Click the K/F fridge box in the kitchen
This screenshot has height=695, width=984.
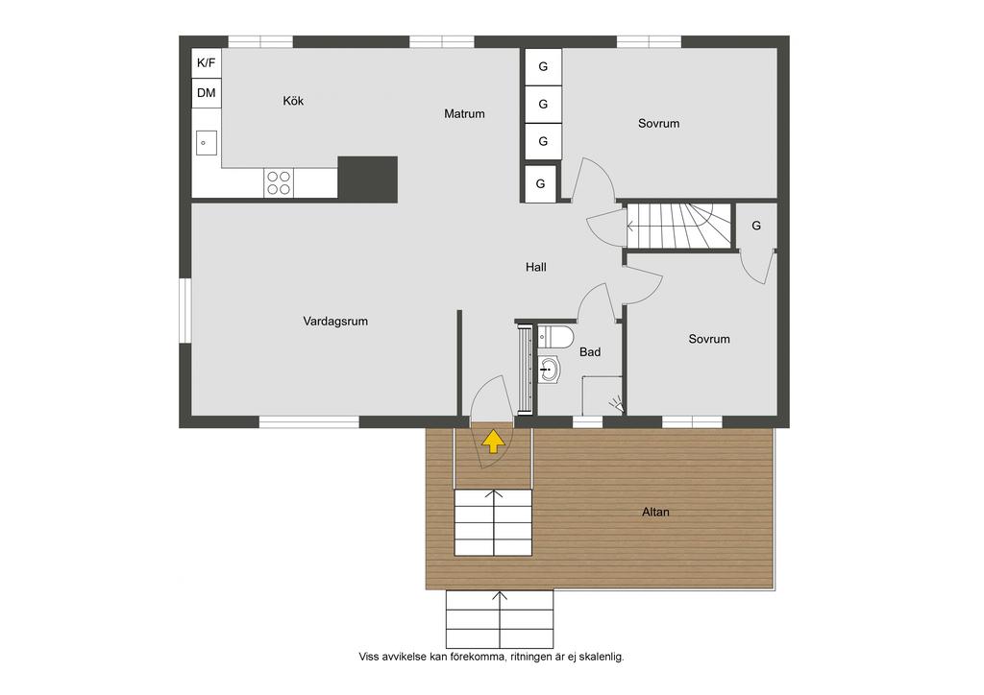click(x=206, y=62)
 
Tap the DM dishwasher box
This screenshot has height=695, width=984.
click(x=206, y=93)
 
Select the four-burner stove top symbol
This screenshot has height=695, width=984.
click(x=279, y=182)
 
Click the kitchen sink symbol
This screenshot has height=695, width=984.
click(x=206, y=143)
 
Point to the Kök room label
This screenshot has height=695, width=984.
click(x=293, y=101)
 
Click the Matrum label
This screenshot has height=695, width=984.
click(x=464, y=114)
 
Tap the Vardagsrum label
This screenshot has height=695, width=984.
click(x=335, y=322)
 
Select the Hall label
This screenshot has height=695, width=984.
click(x=535, y=268)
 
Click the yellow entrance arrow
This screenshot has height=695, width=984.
click(x=493, y=442)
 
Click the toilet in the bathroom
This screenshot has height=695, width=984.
click(x=555, y=337)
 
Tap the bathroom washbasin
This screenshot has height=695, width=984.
click(x=548, y=370)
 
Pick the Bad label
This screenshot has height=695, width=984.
click(x=590, y=352)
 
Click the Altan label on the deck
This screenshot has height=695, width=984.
click(x=655, y=512)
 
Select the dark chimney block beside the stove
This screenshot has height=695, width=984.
click(x=368, y=180)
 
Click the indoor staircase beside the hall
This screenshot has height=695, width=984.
click(x=679, y=226)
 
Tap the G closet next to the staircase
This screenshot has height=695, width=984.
click(x=756, y=226)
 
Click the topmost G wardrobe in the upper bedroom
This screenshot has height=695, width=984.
click(x=543, y=66)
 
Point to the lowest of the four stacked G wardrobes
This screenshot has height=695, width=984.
click(x=540, y=183)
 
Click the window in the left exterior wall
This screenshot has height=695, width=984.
click(x=185, y=310)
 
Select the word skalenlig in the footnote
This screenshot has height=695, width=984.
click(x=602, y=657)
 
